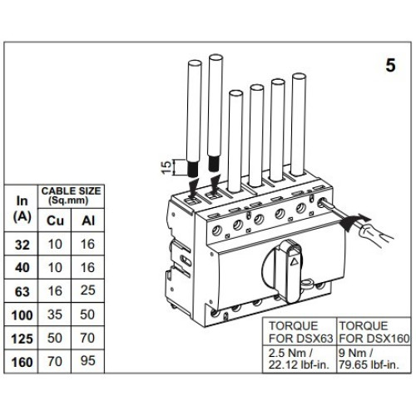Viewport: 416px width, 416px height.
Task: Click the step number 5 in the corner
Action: point(390,66)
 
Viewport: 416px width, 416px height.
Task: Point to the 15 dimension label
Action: point(166,167)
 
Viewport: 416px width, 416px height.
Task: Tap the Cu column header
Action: point(55,220)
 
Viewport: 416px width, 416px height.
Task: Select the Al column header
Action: point(88,220)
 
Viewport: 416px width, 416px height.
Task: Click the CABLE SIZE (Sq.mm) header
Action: point(71,196)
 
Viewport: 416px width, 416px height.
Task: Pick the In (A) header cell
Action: point(22,209)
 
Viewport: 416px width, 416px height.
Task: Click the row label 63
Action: point(22,292)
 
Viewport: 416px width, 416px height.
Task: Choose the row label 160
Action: point(22,362)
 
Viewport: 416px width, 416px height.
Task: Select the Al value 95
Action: point(88,360)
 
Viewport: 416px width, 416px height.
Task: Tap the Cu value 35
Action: point(55,314)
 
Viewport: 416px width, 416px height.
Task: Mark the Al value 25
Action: point(88,290)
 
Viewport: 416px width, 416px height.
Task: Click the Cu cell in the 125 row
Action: point(55,338)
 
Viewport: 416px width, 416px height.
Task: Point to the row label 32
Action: point(22,245)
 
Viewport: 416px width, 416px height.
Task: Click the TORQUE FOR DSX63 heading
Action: point(300,332)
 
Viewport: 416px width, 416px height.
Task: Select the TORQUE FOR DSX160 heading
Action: point(374,332)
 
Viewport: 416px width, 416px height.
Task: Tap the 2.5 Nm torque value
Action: point(291,354)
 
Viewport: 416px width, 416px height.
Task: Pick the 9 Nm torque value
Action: point(356,354)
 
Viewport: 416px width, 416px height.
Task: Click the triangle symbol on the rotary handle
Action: point(295,261)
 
